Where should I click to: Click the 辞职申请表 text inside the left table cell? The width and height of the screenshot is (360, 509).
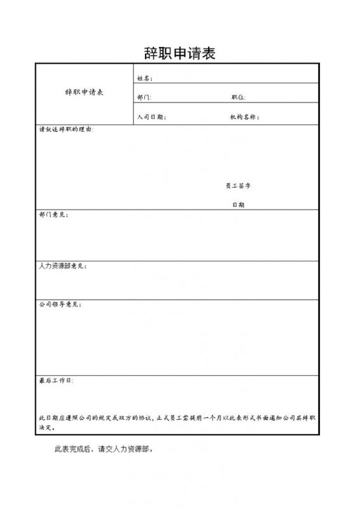[x=85, y=92]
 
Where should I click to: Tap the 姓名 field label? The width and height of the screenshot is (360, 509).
[x=144, y=79]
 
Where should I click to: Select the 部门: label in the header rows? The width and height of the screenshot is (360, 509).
[x=144, y=98]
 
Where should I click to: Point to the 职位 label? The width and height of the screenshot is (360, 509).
[x=239, y=98]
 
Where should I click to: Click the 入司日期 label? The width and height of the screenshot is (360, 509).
[x=151, y=117]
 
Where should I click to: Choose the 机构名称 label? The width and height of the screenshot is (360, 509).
[x=245, y=117]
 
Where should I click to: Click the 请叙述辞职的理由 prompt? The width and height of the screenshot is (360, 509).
[x=66, y=130]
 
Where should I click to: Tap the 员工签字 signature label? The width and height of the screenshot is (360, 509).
[x=239, y=185]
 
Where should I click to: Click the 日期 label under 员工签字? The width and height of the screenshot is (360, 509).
[x=239, y=205]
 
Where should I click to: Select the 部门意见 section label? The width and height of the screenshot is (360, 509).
[x=54, y=214]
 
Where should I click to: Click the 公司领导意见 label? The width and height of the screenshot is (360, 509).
[x=60, y=305]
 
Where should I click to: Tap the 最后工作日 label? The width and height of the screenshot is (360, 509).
[x=56, y=380]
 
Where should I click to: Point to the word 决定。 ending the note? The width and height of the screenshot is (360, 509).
[x=47, y=428]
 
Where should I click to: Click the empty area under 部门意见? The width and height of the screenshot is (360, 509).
[x=178, y=239]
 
